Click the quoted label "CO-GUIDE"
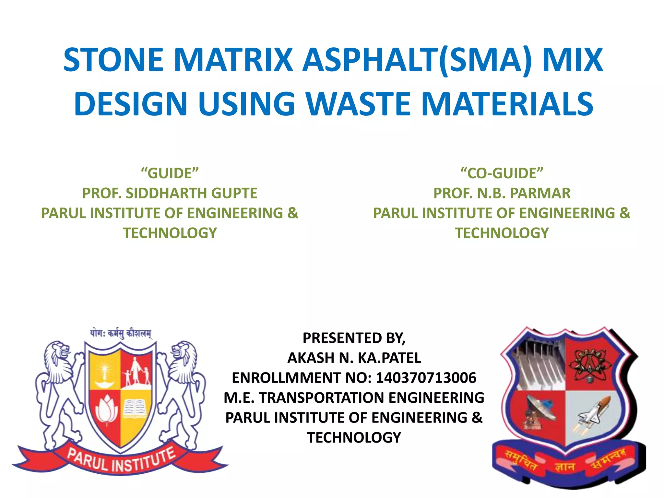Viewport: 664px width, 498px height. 502,173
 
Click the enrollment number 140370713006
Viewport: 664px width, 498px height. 426,378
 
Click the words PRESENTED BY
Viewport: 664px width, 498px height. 354,338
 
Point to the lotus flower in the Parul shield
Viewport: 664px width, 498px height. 106,410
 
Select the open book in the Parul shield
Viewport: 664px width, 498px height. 136,408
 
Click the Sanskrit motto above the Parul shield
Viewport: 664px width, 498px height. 120,333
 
